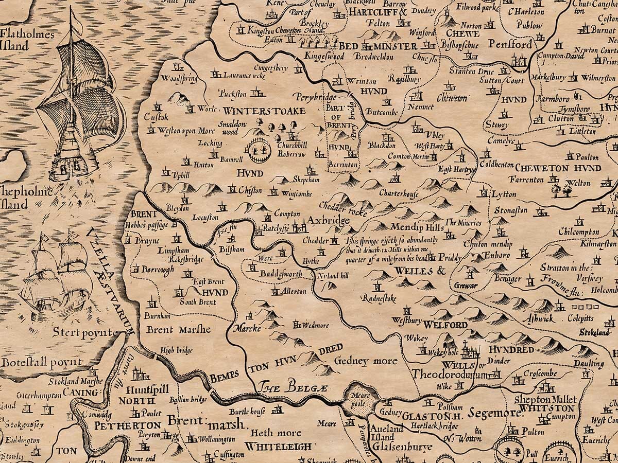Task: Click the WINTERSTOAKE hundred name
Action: coord(264,111)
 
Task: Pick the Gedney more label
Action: coord(366,361)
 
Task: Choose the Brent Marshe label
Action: coord(179,329)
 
